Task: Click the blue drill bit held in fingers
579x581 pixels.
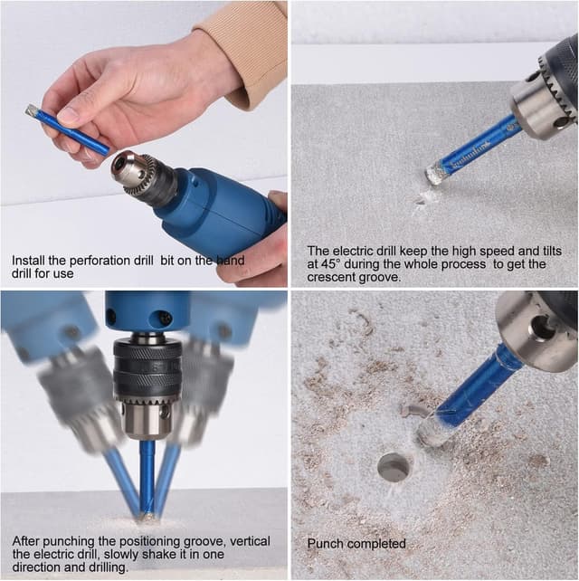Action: click(x=69, y=129)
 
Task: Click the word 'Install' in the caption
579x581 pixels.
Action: click(x=28, y=260)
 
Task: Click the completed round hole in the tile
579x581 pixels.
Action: click(x=394, y=467)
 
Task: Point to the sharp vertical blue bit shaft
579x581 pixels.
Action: click(x=147, y=477)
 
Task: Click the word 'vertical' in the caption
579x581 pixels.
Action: click(x=250, y=541)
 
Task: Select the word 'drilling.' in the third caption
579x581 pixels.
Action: click(x=108, y=567)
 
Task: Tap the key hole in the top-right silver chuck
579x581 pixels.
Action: click(x=562, y=121)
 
